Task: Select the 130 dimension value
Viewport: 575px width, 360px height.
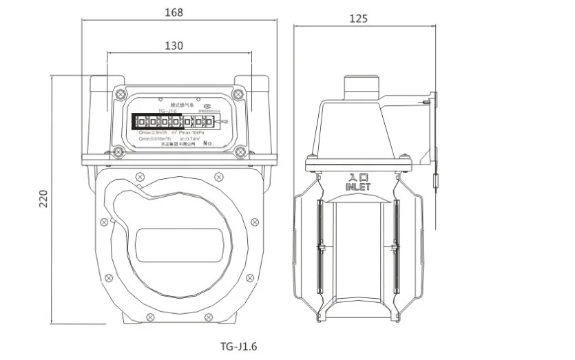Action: [x=174, y=45]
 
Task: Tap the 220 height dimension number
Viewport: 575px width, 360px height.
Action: [x=43, y=200]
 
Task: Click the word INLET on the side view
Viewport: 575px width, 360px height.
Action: [x=359, y=187]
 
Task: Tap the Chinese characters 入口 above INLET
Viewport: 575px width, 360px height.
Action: [x=359, y=176]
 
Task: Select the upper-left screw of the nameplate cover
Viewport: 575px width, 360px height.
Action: [x=121, y=93]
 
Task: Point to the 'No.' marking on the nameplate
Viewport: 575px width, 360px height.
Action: [x=211, y=144]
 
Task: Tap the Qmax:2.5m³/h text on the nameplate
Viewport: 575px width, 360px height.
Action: [x=155, y=132]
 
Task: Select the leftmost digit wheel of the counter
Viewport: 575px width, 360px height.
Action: [x=136, y=123]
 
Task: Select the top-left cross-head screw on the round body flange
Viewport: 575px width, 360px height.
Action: [x=140, y=175]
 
